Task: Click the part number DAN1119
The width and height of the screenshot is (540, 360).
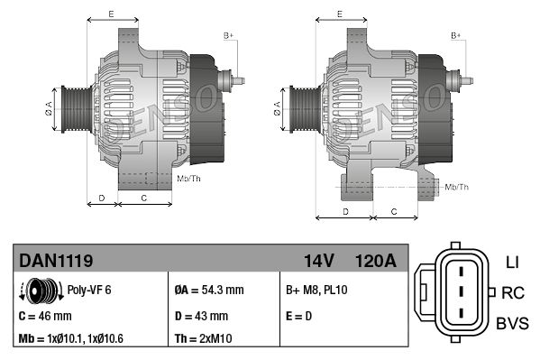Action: (56, 261)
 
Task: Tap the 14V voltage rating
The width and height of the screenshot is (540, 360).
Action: (319, 261)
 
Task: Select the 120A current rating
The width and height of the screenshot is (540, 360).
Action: (376, 261)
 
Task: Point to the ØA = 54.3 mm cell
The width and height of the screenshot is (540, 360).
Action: (208, 291)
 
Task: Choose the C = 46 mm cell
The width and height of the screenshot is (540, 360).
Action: (46, 316)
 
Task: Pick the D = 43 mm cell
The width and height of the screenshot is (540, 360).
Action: (201, 316)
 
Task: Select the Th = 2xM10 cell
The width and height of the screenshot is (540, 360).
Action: (204, 339)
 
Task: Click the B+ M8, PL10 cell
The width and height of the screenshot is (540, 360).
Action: (316, 291)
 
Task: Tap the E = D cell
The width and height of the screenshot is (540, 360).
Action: (300, 316)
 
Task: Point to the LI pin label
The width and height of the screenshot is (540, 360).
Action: (511, 263)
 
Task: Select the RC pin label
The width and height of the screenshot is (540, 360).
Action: (513, 292)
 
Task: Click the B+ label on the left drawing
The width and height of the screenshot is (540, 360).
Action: (228, 35)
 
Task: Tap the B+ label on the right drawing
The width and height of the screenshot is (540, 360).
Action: (456, 35)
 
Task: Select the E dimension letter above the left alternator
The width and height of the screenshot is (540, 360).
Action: (110, 14)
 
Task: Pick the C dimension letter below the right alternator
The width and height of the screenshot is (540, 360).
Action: (395, 210)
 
